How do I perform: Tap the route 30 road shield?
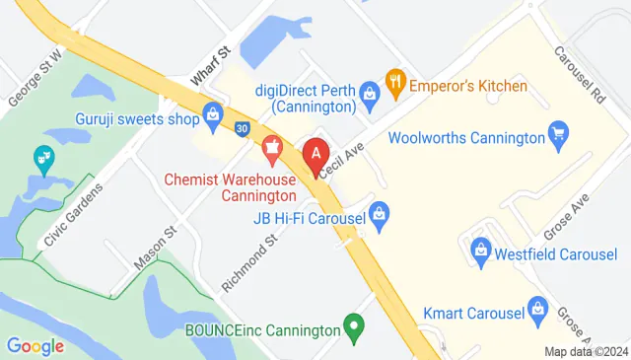pos(244,128)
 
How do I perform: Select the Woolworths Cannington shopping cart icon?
pos(559,132)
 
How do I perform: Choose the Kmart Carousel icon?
pos(537,309)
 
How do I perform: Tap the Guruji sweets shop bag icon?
pos(212,115)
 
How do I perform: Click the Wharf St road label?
pos(210,61)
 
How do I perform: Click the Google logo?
pos(35,346)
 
